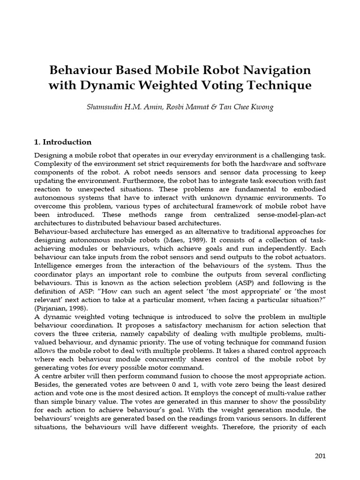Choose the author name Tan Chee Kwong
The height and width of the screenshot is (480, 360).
click(x=244, y=107)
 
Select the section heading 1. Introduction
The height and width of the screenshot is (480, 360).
click(x=63, y=142)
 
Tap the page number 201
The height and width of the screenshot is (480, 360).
click(x=320, y=456)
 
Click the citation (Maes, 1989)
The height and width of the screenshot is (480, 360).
click(x=179, y=240)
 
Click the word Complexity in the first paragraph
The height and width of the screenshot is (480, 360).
click(x=53, y=164)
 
